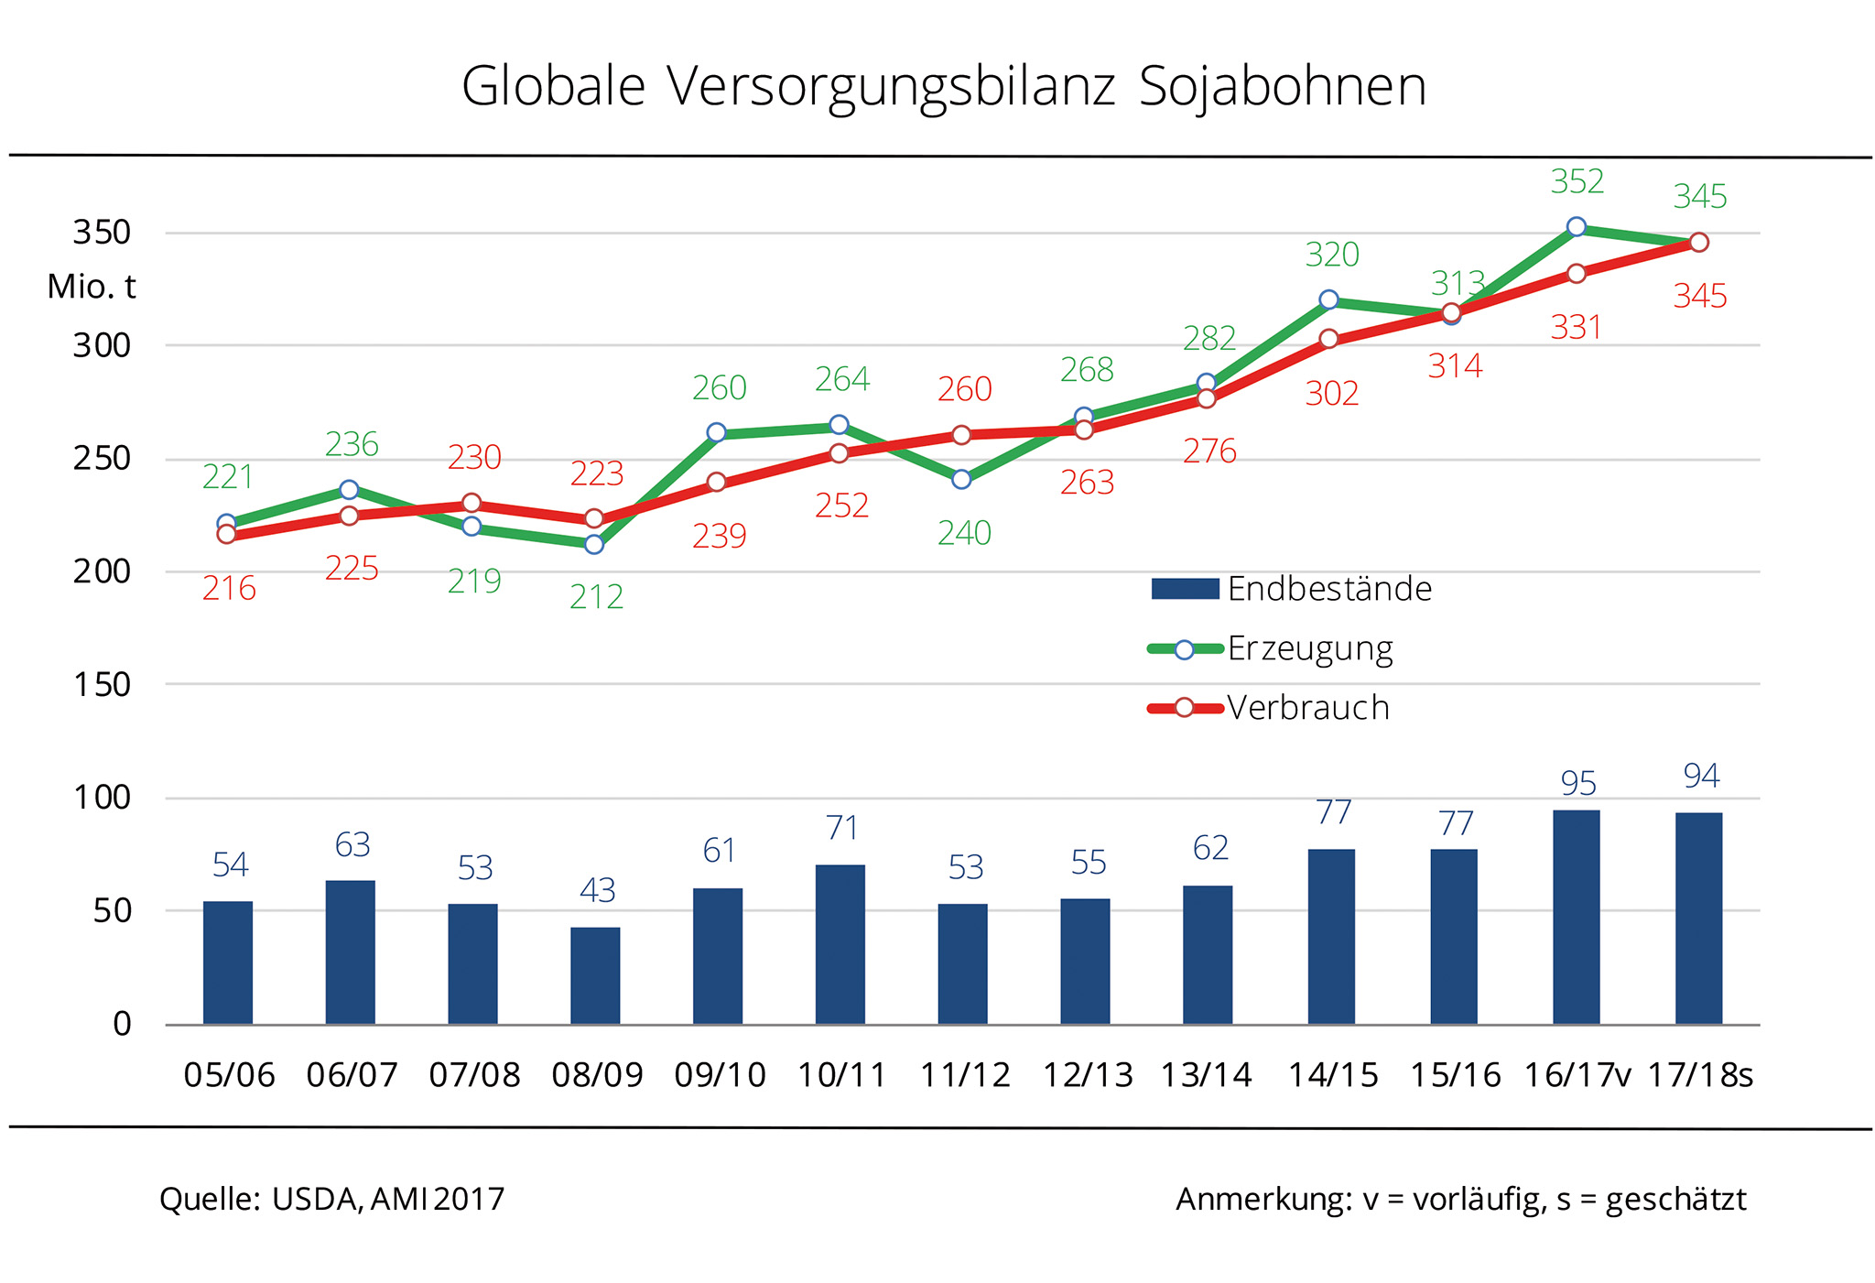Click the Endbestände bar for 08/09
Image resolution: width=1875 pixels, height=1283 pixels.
595,975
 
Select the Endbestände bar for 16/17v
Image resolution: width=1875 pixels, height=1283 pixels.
1576,917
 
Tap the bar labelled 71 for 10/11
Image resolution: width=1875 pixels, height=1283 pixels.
840,944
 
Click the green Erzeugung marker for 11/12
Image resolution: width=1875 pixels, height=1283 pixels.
961,479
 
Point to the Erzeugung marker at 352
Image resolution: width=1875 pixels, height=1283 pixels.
1576,227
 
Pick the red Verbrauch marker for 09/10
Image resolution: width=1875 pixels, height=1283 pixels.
717,482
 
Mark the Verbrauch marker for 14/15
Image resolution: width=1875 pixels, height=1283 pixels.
1329,339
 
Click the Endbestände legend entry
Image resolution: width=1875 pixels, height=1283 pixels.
1291,589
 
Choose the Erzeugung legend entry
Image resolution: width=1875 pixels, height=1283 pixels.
1271,648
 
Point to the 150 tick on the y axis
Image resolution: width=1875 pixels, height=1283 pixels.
102,684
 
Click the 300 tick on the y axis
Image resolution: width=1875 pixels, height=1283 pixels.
102,346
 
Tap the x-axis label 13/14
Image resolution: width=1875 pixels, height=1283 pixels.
1206,1075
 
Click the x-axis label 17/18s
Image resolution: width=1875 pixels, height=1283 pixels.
1700,1075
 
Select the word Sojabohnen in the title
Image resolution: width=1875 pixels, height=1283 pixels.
1282,88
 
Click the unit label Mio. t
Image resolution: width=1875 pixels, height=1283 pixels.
91,287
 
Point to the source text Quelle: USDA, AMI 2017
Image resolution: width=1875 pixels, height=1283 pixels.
331,1199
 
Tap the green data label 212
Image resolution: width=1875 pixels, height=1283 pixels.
596,597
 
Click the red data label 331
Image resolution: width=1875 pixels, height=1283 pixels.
1576,327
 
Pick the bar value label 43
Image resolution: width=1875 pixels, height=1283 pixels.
597,890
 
